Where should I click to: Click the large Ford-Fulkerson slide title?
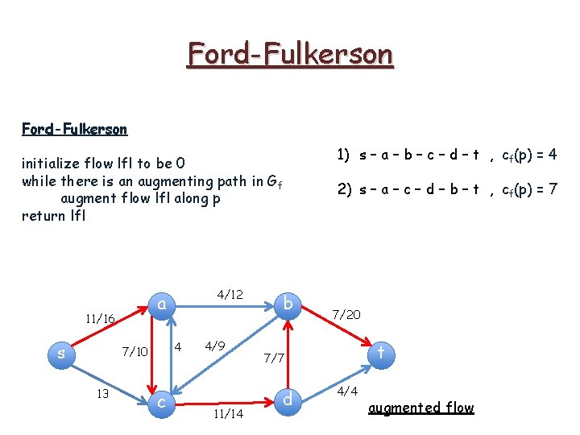290,54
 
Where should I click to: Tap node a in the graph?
162,304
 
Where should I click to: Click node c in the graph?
162,400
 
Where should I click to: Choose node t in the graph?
380,352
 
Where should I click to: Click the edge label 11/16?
99,319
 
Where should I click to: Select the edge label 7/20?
346,314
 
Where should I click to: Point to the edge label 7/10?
135,351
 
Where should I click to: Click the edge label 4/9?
214,347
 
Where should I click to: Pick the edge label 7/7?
275,357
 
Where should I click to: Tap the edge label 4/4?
347,391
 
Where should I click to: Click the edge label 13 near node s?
101,394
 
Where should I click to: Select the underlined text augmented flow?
420,408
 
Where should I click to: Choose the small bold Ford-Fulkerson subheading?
74,129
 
